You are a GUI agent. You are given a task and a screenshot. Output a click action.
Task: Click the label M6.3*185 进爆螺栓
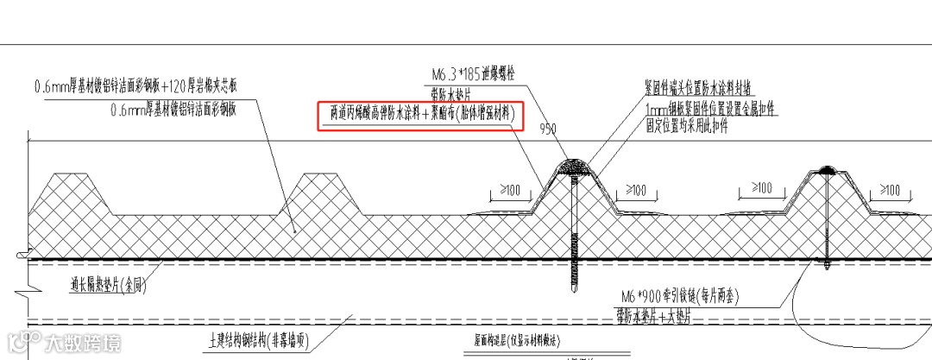pyautogui.click(x=476, y=74)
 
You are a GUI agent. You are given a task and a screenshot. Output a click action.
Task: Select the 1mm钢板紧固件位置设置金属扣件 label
pyautogui.click(x=711, y=108)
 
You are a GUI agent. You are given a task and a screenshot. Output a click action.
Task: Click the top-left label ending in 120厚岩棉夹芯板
pyautogui.click(x=147, y=87)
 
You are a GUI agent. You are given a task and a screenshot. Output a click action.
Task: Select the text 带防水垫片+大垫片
pyautogui.click(x=665, y=314)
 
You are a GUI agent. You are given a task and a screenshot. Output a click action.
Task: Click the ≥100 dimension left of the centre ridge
pyautogui.click(x=508, y=189)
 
